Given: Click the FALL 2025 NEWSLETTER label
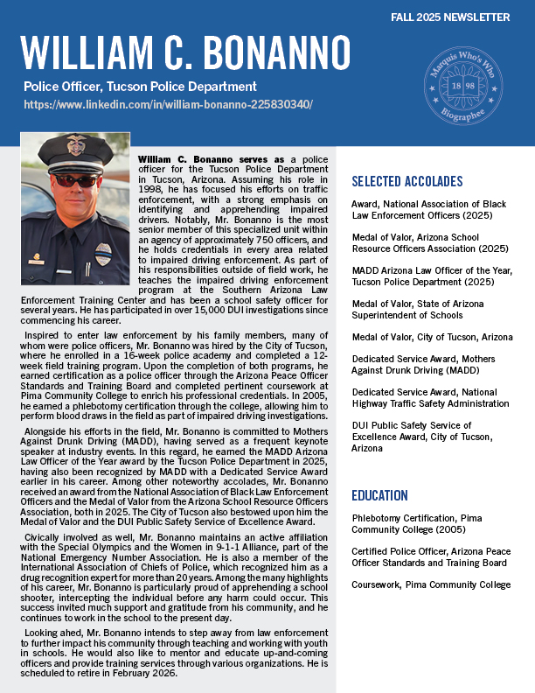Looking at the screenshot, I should tap(462, 17).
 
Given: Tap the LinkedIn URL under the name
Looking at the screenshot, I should tap(169, 104).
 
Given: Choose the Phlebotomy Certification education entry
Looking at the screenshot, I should tap(418, 523).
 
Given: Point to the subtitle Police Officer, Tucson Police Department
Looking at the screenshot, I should tap(141, 87).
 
